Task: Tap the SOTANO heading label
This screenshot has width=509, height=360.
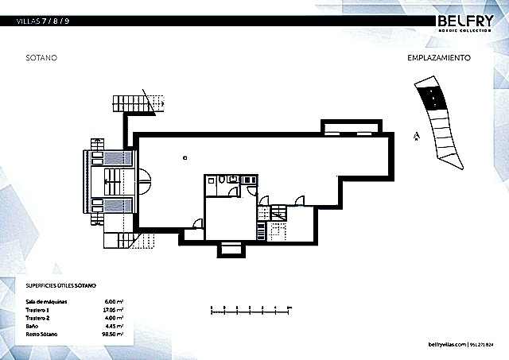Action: coord(41,59)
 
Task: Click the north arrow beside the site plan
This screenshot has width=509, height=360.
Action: coord(415,136)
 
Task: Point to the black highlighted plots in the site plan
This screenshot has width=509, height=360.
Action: coord(431,97)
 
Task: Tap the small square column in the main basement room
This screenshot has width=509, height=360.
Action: coord(184,157)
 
